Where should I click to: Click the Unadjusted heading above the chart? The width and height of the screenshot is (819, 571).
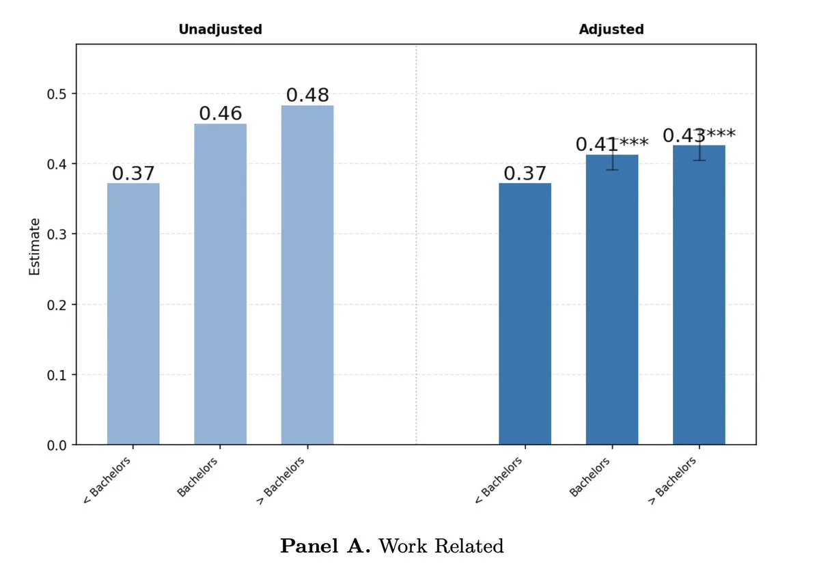(x=220, y=29)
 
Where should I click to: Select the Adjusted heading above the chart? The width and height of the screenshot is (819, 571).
(x=611, y=29)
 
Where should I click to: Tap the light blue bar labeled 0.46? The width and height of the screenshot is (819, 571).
(x=220, y=287)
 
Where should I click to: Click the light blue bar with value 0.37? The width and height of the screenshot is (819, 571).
(x=133, y=314)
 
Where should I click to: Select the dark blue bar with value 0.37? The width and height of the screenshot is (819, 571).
(x=525, y=314)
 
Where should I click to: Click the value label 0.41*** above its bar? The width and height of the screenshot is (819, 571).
(x=612, y=144)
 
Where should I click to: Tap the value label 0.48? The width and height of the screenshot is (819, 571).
(x=307, y=95)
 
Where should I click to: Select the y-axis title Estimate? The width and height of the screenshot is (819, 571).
(x=35, y=247)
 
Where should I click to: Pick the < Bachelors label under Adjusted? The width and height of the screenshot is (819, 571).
(x=498, y=480)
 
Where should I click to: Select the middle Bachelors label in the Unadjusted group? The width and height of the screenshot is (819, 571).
(x=197, y=477)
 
